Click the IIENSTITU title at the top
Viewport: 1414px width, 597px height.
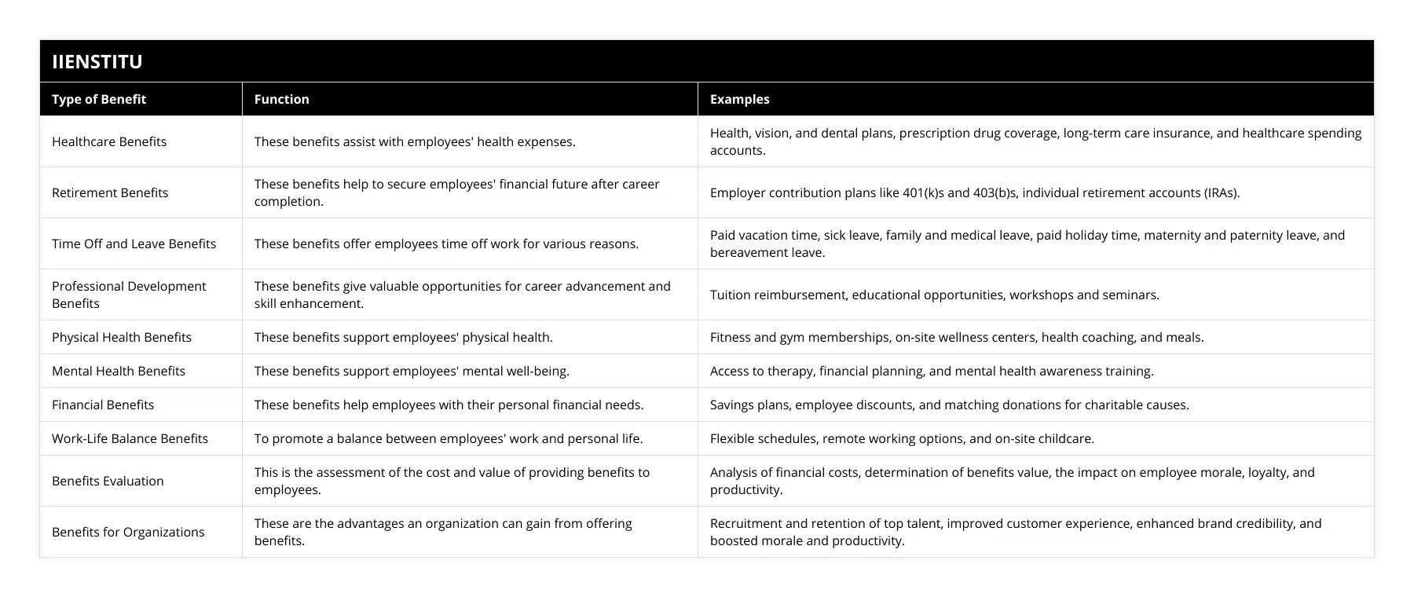97,61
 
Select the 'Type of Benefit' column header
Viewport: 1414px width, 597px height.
99,99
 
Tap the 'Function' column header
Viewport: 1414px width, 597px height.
281,99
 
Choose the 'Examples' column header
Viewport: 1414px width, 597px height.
739,99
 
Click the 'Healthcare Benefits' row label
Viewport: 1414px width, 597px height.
109,141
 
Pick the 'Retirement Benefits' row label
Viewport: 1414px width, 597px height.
110,192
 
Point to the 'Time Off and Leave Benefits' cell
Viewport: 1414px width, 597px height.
134,244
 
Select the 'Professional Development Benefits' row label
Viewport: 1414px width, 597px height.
129,295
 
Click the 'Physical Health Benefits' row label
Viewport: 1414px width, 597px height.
122,337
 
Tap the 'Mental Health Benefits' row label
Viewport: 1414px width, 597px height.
119,371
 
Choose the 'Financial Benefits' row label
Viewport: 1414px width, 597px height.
103,405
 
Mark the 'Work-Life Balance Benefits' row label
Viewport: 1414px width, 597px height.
130,438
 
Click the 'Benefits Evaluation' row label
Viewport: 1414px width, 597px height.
108,481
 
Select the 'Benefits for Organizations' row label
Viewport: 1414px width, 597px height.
128,532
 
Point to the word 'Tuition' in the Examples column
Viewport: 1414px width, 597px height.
731,295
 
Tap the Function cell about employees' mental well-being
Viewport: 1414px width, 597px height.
412,371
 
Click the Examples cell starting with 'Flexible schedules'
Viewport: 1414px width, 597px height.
902,438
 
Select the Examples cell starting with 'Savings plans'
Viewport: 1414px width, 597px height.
949,405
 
